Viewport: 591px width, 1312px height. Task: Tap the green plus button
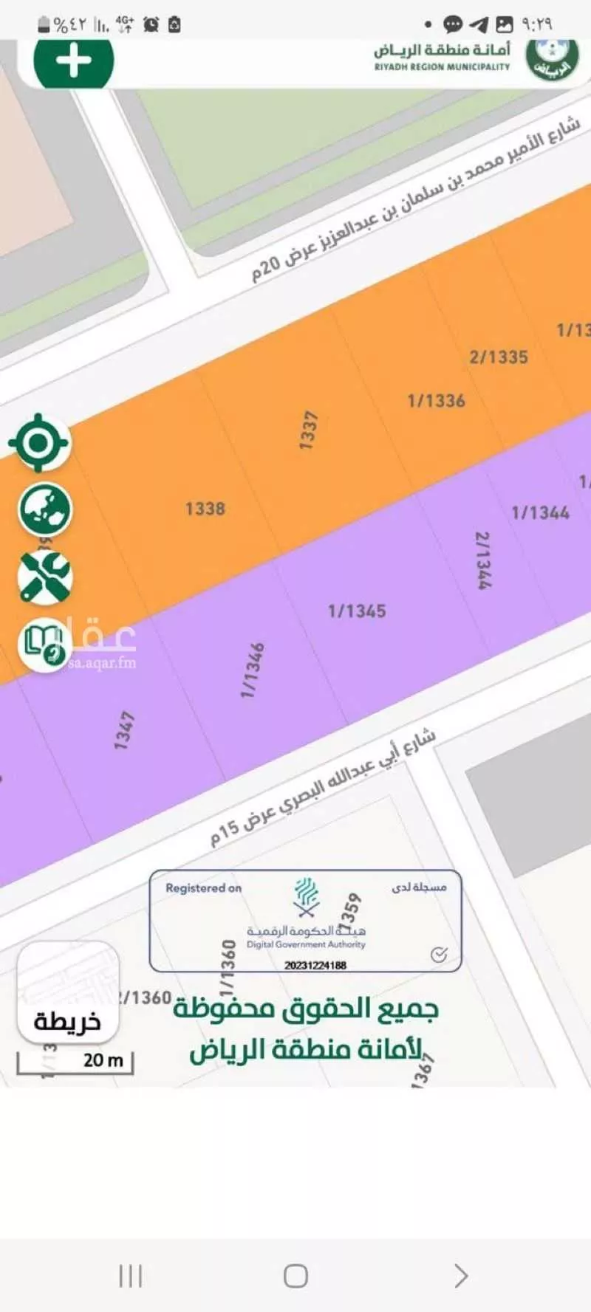tap(73, 61)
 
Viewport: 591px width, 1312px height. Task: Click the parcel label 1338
tap(205, 509)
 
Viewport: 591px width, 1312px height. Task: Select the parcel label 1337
tap(308, 430)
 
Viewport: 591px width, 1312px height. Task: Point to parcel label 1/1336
tap(436, 401)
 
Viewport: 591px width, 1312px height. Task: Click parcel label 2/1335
tap(499, 357)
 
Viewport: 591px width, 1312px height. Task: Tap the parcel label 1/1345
tap(357, 611)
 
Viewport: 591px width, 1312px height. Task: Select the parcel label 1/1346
tap(253, 670)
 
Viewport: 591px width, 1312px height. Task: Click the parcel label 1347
tap(124, 730)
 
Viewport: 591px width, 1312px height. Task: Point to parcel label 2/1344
tap(482, 560)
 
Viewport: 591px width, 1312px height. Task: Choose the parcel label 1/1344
tap(540, 512)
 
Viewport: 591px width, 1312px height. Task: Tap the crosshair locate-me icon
tap(40, 443)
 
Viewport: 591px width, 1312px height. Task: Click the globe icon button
tap(45, 509)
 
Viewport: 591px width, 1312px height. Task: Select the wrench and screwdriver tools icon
tap(45, 577)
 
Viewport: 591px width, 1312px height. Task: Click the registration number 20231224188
tap(315, 965)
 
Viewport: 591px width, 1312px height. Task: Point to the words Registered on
tap(203, 888)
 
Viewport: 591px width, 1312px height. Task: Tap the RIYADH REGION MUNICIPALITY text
tap(442, 66)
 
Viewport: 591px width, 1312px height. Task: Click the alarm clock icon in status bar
tap(151, 24)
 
